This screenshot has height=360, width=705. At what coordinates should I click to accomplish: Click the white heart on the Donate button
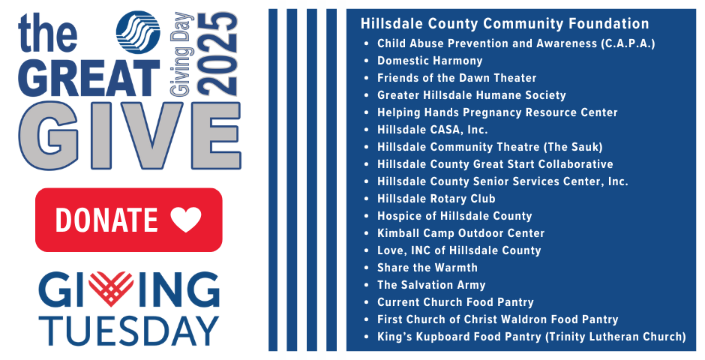coord(186,220)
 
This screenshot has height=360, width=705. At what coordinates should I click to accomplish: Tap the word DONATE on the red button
coord(106,220)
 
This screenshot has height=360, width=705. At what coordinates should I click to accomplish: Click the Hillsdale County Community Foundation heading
coord(505,24)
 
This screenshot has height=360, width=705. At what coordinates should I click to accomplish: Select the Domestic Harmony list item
coord(430,61)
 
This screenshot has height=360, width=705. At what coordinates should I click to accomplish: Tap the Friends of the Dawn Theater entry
coord(457,78)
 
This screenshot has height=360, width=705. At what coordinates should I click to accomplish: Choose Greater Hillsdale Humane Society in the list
coord(471,95)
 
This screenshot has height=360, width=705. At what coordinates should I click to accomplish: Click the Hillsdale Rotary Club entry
coord(436,199)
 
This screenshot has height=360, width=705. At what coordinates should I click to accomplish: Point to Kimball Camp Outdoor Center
coord(460,233)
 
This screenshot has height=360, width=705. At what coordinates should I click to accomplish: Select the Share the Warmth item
coord(427,268)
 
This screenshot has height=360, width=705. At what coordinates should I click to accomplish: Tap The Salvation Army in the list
coord(431,285)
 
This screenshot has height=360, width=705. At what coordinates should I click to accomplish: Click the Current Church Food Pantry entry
coord(455,302)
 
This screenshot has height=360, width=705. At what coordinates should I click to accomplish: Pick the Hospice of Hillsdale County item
coord(454,216)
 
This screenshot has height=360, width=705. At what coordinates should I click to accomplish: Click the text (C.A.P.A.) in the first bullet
coord(628,43)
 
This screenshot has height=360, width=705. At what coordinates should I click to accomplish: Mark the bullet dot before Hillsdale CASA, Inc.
coord(366,130)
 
